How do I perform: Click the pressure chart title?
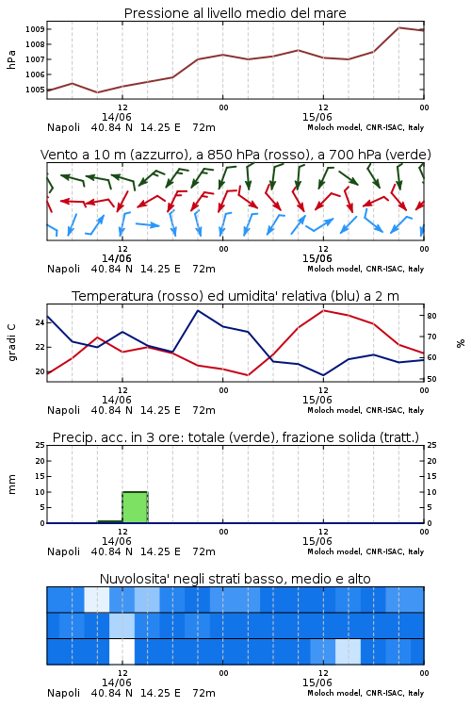(235, 13)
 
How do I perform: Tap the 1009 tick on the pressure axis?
(35, 29)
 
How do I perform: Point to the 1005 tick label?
(35, 90)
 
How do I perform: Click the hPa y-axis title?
(11, 59)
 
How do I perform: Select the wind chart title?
(235, 155)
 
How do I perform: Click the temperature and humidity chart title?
(235, 296)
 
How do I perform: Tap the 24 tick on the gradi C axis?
(40, 322)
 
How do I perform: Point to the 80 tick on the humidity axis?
(431, 316)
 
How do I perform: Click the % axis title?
(461, 343)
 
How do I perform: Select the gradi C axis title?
(11, 343)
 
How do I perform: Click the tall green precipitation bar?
(136, 507)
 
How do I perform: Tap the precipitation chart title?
(235, 437)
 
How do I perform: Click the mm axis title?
(11, 485)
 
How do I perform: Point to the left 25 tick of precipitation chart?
(40, 446)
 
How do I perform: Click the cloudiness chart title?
(235, 579)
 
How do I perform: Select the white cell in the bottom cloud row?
(122, 651)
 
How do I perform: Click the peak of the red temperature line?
(324, 310)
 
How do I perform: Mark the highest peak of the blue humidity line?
(198, 310)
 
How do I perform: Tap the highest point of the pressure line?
(398, 27)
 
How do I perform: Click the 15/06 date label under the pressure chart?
(317, 117)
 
